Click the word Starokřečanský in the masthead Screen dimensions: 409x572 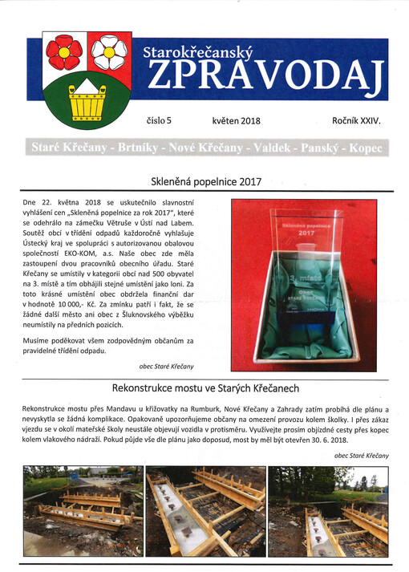(x=196, y=53)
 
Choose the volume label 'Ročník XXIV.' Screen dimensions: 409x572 (x=355, y=120)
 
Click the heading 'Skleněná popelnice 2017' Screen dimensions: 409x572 (x=206, y=181)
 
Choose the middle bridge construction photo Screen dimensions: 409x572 (x=204, y=512)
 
